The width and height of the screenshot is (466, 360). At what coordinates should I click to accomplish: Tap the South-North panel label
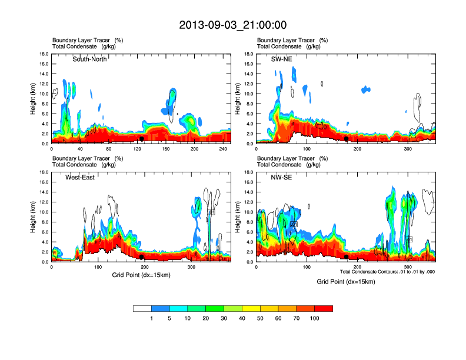point(89,59)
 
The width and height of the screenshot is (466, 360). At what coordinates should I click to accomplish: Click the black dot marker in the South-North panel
point(142,139)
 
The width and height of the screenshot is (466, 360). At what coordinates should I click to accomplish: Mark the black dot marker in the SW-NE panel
point(347,139)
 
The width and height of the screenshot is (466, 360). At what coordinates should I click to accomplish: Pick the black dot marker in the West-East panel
point(142,257)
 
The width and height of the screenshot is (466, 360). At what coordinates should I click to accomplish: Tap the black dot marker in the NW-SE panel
point(347,257)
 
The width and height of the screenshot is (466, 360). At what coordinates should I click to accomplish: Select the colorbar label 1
point(151,318)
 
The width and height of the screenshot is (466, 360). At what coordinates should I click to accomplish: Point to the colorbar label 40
point(242,318)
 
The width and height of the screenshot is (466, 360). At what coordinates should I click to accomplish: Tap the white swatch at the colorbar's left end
point(142,308)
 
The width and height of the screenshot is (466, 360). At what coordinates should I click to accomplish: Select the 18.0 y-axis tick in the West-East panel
point(44,172)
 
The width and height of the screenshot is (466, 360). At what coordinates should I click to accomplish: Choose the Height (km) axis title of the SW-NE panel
point(238,99)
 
